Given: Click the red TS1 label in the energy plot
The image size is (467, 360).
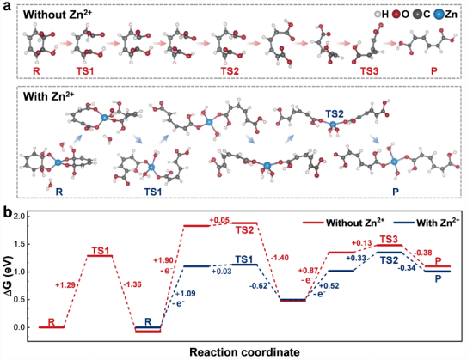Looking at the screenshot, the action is (x=100, y=251).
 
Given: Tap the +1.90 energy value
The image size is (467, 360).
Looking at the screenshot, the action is (x=163, y=260).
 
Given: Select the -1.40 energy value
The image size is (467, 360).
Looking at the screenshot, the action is (x=279, y=258).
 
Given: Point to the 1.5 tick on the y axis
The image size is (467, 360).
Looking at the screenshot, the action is (x=19, y=244).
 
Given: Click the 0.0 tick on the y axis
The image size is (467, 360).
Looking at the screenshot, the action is (x=19, y=327).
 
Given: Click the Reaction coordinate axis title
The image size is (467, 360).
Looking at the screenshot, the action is (x=244, y=352).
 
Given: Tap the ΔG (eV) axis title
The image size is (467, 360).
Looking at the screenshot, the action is (x=8, y=272).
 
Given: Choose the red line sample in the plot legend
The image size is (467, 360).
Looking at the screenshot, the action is (x=313, y=223).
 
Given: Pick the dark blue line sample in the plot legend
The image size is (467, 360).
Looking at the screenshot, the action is (x=403, y=223).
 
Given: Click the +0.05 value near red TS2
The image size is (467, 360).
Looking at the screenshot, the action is (x=219, y=220).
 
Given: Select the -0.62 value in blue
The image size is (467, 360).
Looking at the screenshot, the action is (x=259, y=286).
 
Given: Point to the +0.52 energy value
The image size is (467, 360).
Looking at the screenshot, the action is (x=329, y=286).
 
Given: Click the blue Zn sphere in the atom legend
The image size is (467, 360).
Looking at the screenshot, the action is (x=439, y=15).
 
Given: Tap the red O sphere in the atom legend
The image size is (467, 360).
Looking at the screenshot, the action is (x=396, y=15).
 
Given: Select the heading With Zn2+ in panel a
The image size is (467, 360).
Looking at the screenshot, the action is (x=48, y=96).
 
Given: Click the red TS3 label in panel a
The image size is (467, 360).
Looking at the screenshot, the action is (x=370, y=71).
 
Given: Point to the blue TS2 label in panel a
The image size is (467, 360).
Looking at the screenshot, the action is (x=335, y=113).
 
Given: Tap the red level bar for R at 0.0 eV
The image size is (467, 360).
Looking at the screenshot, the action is (x=52, y=327).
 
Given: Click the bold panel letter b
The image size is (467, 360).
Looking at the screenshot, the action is (x=8, y=212).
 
